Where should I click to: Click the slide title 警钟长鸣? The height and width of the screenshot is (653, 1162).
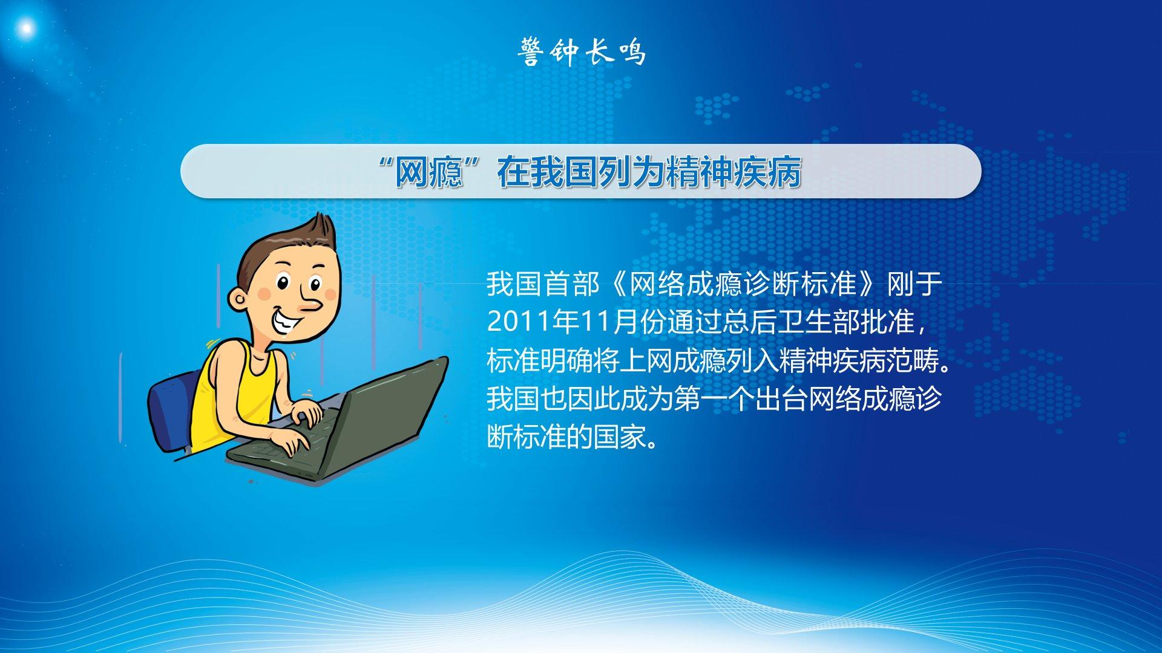pos(582,51)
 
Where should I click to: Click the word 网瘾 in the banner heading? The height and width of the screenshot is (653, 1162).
pos(428,173)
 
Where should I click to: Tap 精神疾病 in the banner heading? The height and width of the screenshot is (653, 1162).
pos(734,173)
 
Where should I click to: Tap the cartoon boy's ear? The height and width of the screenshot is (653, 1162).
pos(237,299)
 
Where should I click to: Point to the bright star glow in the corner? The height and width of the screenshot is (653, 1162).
pos(25,27)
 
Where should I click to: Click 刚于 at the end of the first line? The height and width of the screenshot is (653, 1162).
pos(914,284)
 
